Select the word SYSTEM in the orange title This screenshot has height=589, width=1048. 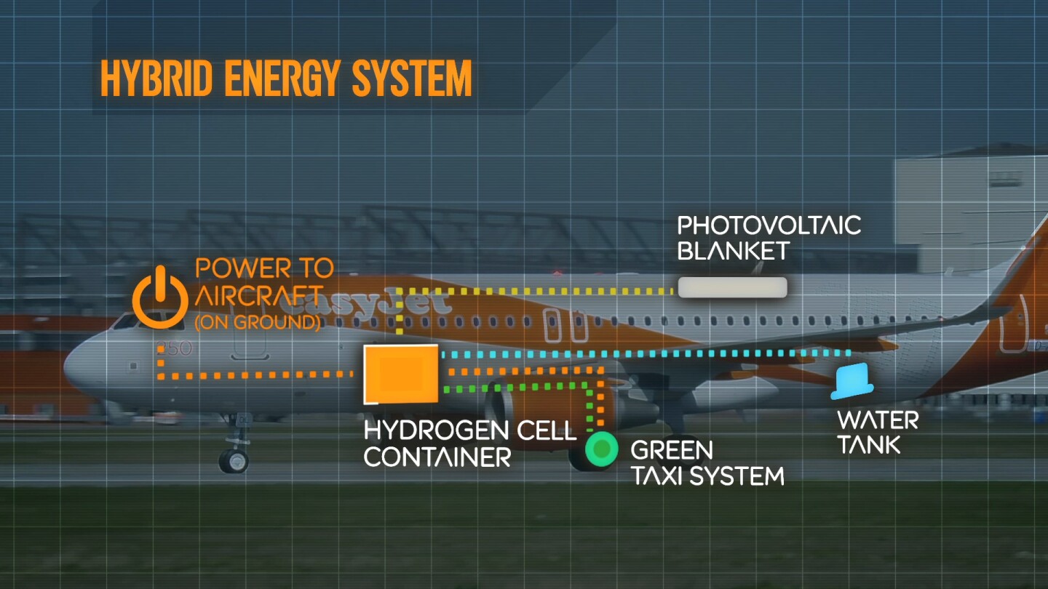click(x=412, y=78)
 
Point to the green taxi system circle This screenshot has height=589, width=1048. click(x=601, y=450)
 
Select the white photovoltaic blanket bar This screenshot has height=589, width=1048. click(x=732, y=287)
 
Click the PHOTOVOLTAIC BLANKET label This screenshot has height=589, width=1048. click(x=769, y=237)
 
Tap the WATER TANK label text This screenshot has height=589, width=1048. click(x=878, y=432)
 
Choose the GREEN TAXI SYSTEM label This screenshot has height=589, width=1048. click(x=707, y=462)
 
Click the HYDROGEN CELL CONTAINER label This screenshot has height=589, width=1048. click(x=469, y=443)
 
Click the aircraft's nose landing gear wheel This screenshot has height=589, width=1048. click(x=234, y=460)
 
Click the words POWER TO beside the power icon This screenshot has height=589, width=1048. click(x=264, y=268)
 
